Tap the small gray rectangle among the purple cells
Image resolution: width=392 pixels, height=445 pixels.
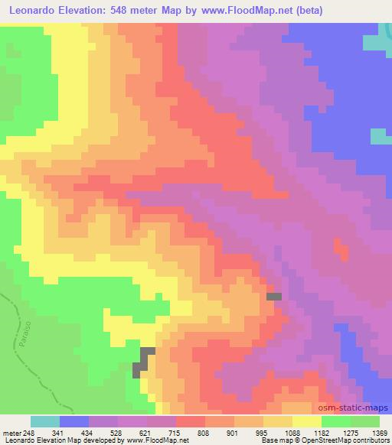coord(273,296)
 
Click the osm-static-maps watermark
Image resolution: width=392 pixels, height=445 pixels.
coord(358,409)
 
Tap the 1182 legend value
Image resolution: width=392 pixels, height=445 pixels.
coord(321,434)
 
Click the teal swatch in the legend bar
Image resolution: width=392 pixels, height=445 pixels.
coord(45,421)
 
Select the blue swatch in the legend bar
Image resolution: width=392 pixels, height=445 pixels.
coord(74,421)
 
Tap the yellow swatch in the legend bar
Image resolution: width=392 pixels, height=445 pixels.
coord(307,421)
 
